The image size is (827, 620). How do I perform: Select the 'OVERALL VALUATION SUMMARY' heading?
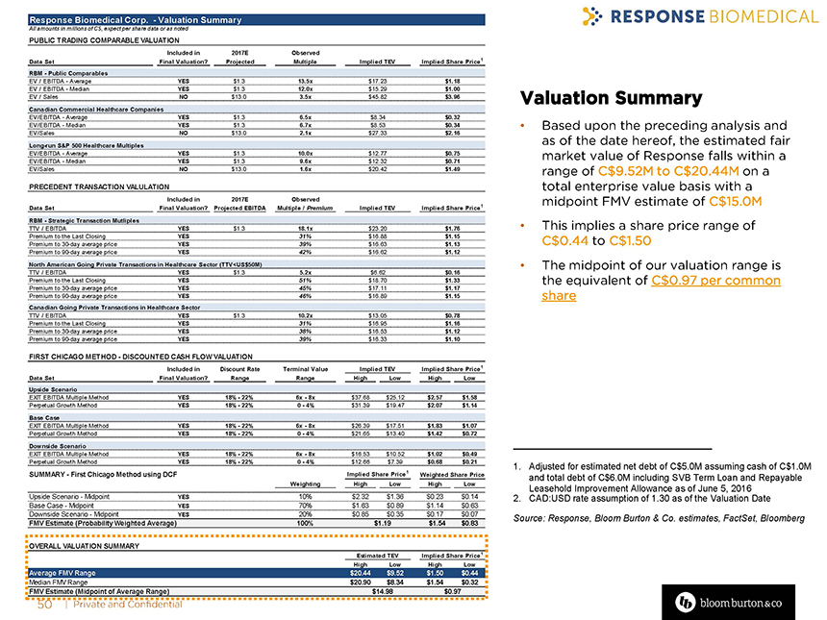pos(77,544)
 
